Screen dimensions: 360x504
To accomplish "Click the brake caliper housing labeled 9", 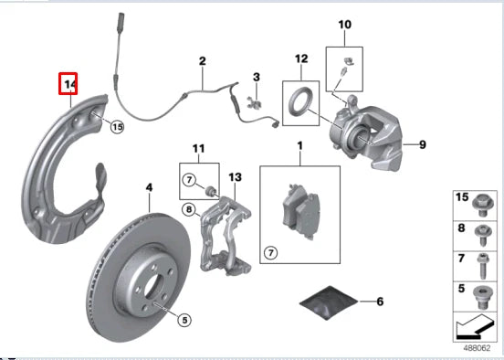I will click(374, 137).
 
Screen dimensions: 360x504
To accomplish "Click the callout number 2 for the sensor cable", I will click(203, 62).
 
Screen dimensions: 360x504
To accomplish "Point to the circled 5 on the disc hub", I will click(183, 320).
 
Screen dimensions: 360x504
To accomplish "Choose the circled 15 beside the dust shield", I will click(116, 127).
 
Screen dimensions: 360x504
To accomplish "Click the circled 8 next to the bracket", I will click(189, 209).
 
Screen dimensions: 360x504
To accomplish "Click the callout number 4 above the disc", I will click(147, 189).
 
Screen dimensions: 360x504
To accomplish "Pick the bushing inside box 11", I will click(211, 189).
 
